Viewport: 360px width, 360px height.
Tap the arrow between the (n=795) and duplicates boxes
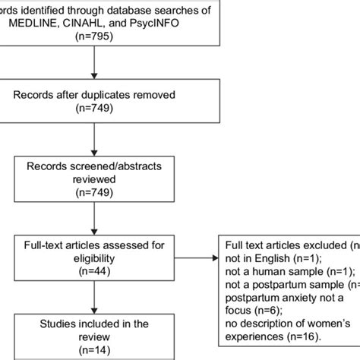click(x=92, y=65)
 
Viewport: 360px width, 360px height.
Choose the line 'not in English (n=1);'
click(x=272, y=257)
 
